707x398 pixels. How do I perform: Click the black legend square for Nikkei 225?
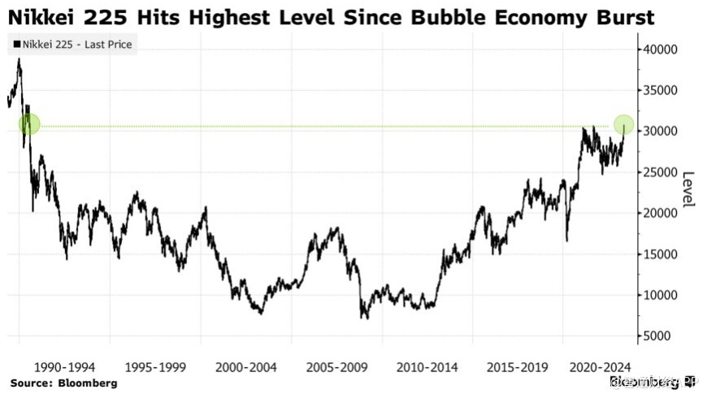[17, 45]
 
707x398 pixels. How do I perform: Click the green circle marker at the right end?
[623, 124]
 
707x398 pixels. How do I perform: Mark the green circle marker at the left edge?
[29, 124]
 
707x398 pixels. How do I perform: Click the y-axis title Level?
[688, 188]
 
